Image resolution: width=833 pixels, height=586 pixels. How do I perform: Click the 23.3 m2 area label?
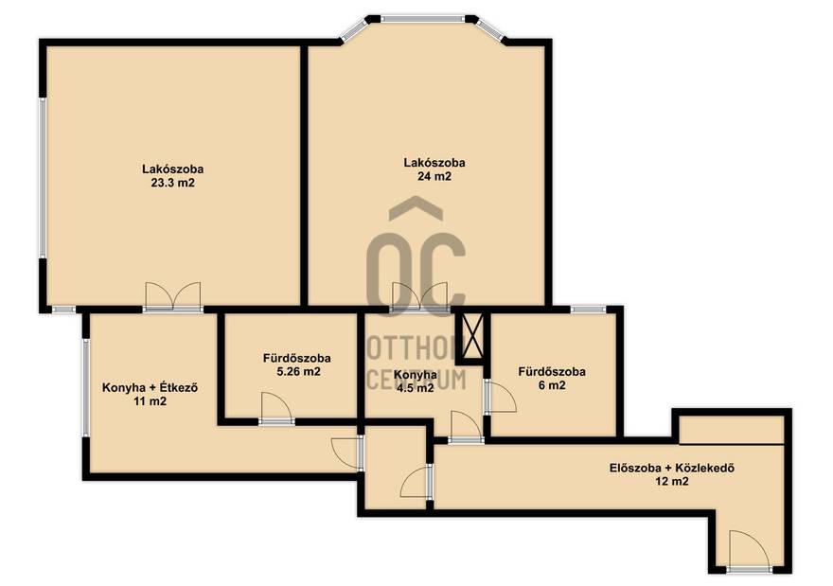point(172,184)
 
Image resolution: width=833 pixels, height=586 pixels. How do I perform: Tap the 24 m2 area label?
point(434,176)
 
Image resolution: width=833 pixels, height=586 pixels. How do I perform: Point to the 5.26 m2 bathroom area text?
point(298,372)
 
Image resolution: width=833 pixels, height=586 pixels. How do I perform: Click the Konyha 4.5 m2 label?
point(415,381)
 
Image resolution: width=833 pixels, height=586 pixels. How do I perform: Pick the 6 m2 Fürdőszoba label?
point(552,379)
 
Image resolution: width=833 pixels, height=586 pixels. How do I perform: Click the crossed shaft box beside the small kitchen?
point(473,336)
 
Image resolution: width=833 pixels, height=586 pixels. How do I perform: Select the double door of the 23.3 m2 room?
point(173,296)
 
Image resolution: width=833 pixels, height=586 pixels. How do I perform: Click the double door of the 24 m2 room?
point(419,296)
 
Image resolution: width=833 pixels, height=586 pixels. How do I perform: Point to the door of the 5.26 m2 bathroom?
point(276,409)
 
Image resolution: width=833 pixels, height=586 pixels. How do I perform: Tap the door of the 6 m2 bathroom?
point(500,397)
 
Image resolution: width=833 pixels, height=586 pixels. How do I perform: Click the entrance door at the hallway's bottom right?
point(749,551)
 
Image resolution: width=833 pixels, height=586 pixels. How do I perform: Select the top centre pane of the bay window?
point(423,19)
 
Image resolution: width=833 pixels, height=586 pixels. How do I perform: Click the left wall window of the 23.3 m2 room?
point(43,178)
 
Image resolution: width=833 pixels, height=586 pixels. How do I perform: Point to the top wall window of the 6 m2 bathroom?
point(588,310)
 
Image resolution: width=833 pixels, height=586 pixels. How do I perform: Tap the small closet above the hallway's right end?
point(732,429)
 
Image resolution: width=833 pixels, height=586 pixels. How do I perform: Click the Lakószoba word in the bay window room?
point(434,163)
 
